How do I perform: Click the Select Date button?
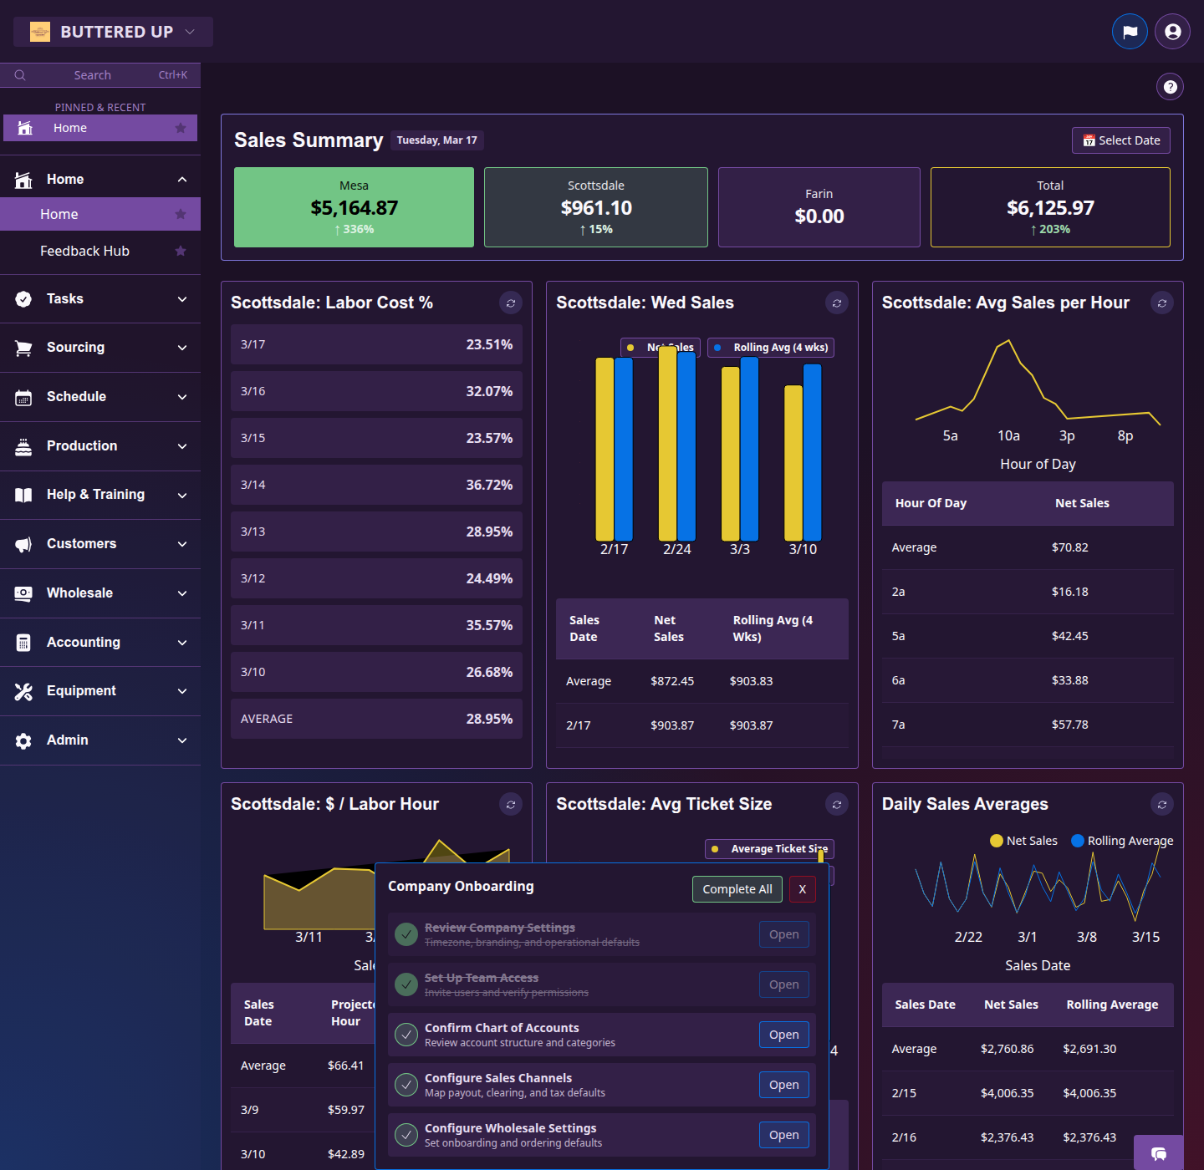(x=1120, y=140)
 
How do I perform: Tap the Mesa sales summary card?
(x=354, y=207)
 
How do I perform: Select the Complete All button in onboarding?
(x=737, y=889)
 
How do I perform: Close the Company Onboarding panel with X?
(x=802, y=889)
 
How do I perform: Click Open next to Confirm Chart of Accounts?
(x=783, y=1035)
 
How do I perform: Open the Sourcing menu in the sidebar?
(x=100, y=348)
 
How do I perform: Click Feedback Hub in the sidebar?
(x=84, y=251)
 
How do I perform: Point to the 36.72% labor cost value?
(x=489, y=485)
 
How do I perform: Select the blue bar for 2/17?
(x=624, y=449)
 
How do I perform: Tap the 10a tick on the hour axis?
(x=1008, y=435)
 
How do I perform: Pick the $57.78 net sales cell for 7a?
(x=1069, y=725)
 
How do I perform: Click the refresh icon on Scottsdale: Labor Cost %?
(x=510, y=303)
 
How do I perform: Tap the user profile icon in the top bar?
(x=1172, y=32)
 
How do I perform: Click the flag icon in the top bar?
(x=1130, y=32)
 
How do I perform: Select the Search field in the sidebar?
(x=100, y=75)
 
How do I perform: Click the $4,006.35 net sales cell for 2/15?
(x=1007, y=1093)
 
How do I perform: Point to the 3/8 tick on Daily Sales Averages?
(x=1086, y=937)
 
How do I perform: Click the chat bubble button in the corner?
(x=1158, y=1153)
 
